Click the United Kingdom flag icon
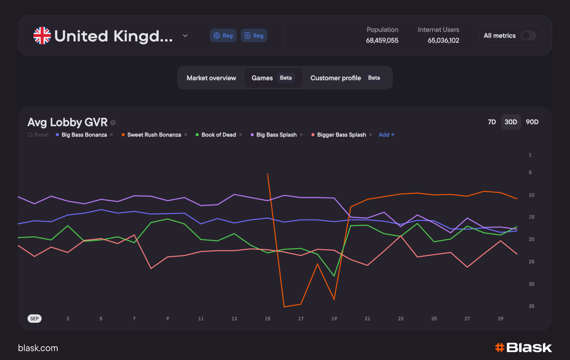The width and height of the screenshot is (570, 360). point(42,36)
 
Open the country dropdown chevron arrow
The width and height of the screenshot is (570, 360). point(185,36)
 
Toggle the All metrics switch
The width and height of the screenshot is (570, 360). point(529,36)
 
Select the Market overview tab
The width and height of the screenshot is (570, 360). point(211,78)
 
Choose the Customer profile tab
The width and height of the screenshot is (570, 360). point(336,78)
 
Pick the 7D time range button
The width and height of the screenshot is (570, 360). point(492,122)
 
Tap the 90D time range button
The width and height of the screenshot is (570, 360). point(532,122)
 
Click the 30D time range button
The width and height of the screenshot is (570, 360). point(511,122)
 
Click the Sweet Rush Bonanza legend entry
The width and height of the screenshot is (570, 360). point(154,135)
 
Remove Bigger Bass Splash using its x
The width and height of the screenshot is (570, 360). point(370,134)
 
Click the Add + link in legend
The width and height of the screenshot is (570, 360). point(386,135)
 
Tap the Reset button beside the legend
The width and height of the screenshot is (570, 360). point(38,135)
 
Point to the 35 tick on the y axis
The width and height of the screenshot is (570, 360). point(531,306)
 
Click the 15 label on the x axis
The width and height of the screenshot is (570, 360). point(267,319)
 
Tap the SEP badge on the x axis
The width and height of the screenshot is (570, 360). point(35,319)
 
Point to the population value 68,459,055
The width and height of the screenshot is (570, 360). point(382,41)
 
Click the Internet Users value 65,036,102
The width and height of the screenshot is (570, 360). point(443,41)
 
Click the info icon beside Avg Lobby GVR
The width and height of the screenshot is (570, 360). point(113,123)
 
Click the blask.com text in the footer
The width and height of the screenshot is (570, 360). point(38,348)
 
